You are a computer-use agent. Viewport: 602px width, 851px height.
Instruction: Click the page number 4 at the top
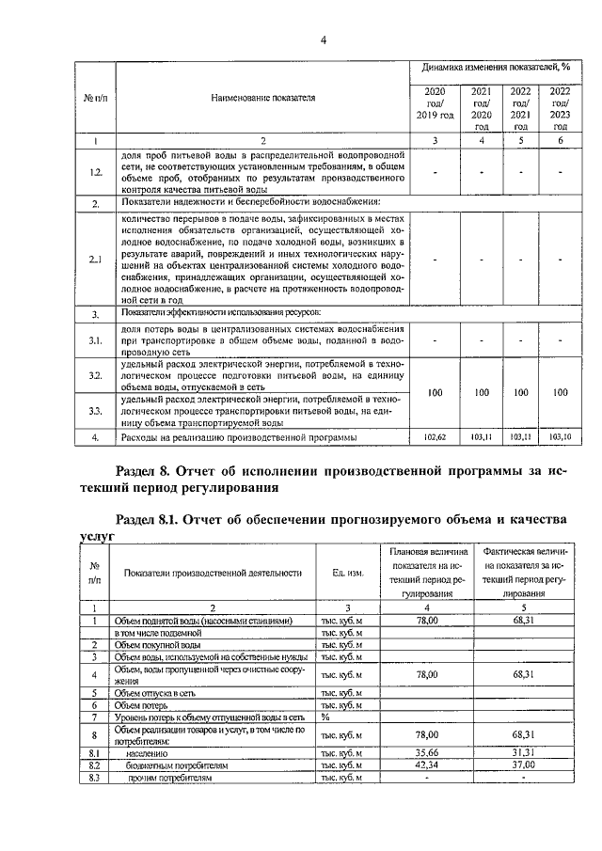[x=323, y=39]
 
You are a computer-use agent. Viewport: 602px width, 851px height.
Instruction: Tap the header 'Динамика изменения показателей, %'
[x=497, y=68]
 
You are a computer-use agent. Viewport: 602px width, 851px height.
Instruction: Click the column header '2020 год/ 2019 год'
[x=435, y=102]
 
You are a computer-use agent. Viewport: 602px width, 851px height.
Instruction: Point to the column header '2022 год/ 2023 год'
[x=560, y=108]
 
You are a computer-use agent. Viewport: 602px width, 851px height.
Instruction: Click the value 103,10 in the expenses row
[x=560, y=437]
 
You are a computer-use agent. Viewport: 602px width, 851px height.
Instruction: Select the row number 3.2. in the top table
[x=94, y=375]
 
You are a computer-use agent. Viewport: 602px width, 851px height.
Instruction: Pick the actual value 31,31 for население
[x=516, y=752]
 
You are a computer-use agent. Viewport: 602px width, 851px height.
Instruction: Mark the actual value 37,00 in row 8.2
[x=516, y=765]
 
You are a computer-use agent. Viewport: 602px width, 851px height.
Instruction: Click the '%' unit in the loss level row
[x=325, y=717]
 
